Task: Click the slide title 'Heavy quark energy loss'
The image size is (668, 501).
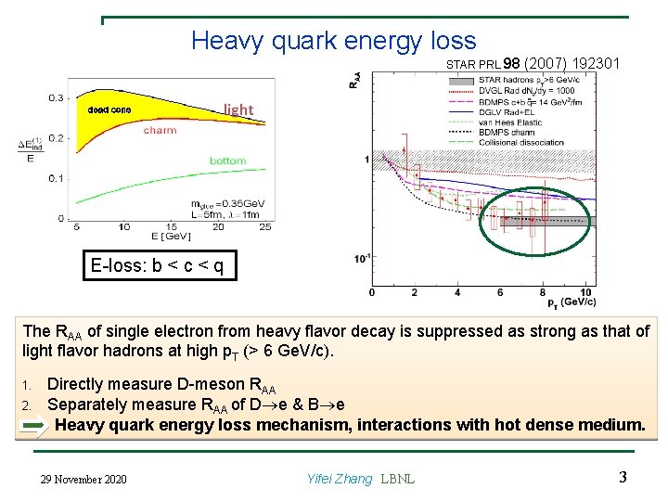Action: pos(333,41)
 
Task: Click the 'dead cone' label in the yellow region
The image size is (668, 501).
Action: pos(109,110)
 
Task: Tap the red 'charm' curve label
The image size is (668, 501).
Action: pos(160,131)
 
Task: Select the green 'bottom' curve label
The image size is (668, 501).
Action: pos(227,161)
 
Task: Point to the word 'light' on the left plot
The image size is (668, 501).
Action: pos(238,109)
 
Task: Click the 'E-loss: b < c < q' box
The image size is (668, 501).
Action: pos(157,266)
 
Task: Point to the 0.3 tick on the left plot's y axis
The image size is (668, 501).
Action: pos(57,97)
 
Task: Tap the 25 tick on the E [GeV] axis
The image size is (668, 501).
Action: pos(265,227)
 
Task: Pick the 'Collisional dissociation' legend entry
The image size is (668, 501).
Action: pos(522,142)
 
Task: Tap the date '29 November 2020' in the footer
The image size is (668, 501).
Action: pos(84,479)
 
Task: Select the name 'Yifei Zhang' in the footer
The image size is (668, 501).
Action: pos(339,479)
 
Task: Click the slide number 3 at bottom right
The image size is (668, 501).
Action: pos(623,478)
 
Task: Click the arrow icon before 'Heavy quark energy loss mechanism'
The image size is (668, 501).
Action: pos(34,426)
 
